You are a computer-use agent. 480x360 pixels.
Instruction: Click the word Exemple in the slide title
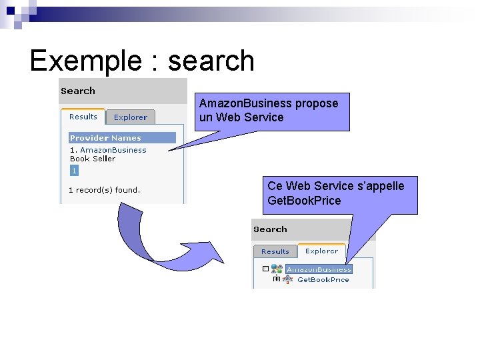(x=82, y=61)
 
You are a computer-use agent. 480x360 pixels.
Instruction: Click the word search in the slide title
(x=211, y=61)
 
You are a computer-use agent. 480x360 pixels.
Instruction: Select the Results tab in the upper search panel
(x=83, y=117)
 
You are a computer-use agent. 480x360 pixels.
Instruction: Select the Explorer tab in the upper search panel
(x=130, y=117)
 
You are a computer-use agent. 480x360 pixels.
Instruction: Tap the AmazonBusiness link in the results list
(x=113, y=150)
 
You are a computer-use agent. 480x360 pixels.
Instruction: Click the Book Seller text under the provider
(x=93, y=159)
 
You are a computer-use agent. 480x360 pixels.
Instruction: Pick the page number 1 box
(x=74, y=171)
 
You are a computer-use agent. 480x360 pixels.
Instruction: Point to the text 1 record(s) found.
(x=104, y=190)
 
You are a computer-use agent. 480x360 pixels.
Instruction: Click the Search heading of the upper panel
(x=78, y=91)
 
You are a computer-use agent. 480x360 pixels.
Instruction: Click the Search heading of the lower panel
(x=270, y=229)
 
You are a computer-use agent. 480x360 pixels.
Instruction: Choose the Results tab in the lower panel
(x=275, y=251)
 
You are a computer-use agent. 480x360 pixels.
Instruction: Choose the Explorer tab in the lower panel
(x=321, y=251)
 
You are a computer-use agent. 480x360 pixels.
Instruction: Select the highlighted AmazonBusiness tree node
(x=319, y=269)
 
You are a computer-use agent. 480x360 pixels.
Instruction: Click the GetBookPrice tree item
(x=323, y=280)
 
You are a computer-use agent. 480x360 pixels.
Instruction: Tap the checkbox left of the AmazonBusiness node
(x=265, y=269)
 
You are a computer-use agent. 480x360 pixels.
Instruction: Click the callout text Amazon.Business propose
(x=269, y=103)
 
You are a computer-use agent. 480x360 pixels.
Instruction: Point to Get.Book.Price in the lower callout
(x=304, y=201)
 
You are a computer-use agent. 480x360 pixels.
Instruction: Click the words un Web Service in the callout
(x=241, y=117)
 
